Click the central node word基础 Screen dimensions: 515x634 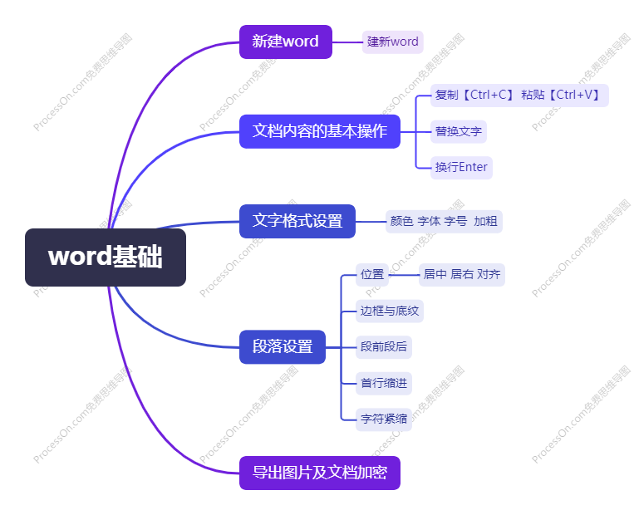point(106,257)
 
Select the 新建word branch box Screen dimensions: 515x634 point(285,42)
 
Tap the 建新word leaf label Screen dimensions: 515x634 point(392,42)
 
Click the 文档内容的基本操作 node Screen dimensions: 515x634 point(319,131)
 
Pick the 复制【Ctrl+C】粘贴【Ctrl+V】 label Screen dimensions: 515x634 point(519,95)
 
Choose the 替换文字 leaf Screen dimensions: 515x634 point(458,131)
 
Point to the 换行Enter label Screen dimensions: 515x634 point(461,167)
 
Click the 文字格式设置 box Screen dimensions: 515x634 point(297,221)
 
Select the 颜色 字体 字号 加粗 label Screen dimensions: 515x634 point(443,221)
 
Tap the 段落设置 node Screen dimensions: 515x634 point(282,346)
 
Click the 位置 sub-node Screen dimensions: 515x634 point(371,274)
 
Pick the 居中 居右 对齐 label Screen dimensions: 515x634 point(461,274)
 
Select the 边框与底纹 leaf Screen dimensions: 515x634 point(389,311)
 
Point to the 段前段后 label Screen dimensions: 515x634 point(383,346)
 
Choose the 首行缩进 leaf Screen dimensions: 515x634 point(383,383)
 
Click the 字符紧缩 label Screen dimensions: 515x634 point(383,419)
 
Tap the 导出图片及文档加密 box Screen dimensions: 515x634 point(319,473)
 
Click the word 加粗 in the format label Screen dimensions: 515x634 point(485,221)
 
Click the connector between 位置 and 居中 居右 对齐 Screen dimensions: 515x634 point(404,274)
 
